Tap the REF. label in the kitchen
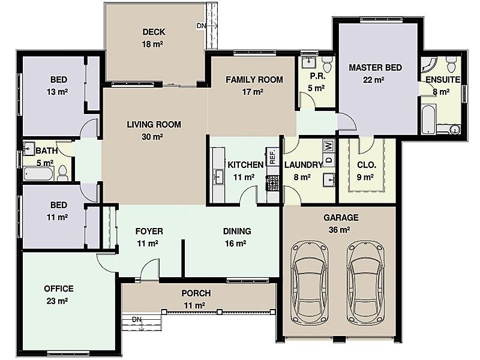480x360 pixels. coord(272,157)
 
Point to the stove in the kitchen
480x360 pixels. coord(272,182)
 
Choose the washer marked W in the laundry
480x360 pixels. coord(328,146)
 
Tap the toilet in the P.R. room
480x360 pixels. coord(326,62)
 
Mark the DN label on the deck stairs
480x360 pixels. coord(200,26)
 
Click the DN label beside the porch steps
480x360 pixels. coord(136,319)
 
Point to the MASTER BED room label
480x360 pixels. coord(376,68)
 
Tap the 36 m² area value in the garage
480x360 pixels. coord(341,229)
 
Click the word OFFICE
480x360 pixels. coord(59,289)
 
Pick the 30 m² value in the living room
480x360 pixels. coord(154,136)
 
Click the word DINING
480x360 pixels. coord(237,231)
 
